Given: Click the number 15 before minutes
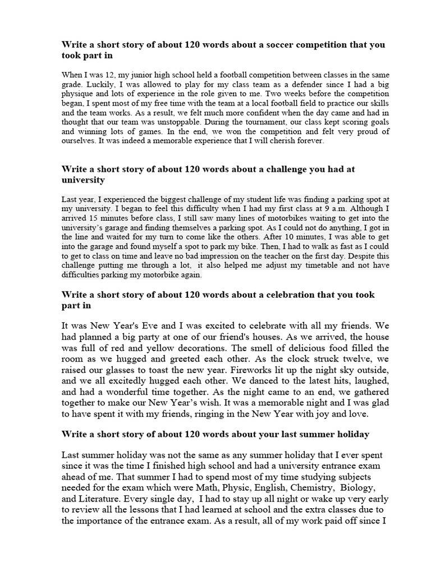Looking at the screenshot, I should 98,218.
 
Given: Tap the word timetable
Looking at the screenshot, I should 327,266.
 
